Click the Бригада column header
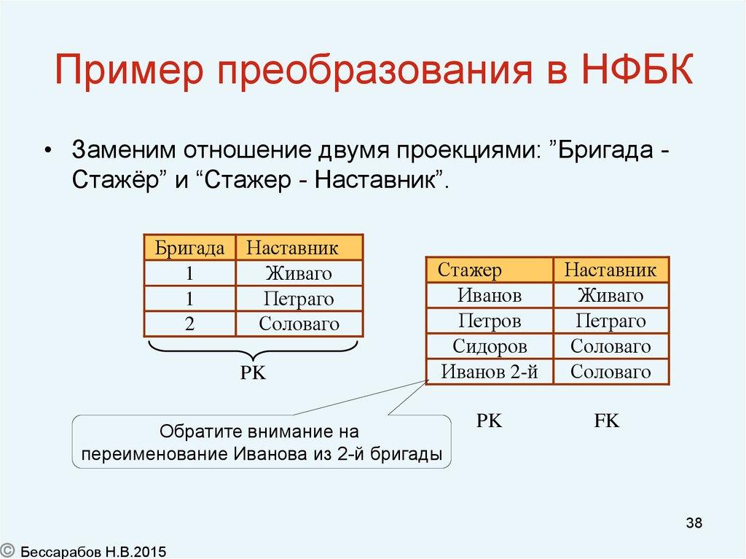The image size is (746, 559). (189, 248)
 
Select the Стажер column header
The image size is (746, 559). (470, 270)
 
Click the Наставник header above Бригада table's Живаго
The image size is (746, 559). (292, 248)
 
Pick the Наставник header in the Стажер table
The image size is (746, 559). (610, 270)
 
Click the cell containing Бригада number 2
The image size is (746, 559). (189, 324)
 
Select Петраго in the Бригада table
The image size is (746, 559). (299, 299)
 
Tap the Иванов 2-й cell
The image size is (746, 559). (489, 372)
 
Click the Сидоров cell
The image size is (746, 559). (489, 346)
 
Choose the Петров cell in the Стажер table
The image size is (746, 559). (489, 321)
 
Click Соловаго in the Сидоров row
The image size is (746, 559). (610, 346)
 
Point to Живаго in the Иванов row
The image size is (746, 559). (610, 295)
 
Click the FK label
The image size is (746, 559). (606, 421)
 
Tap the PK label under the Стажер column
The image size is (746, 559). (489, 421)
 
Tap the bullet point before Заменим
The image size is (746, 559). (48, 150)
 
